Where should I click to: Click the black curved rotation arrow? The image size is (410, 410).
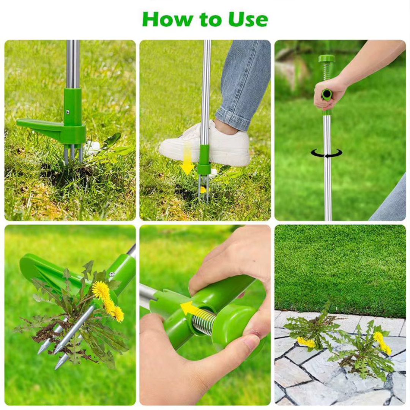point(326,153)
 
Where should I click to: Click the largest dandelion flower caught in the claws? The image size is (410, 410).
point(101,290)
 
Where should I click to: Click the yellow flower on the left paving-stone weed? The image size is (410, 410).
point(306,343)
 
